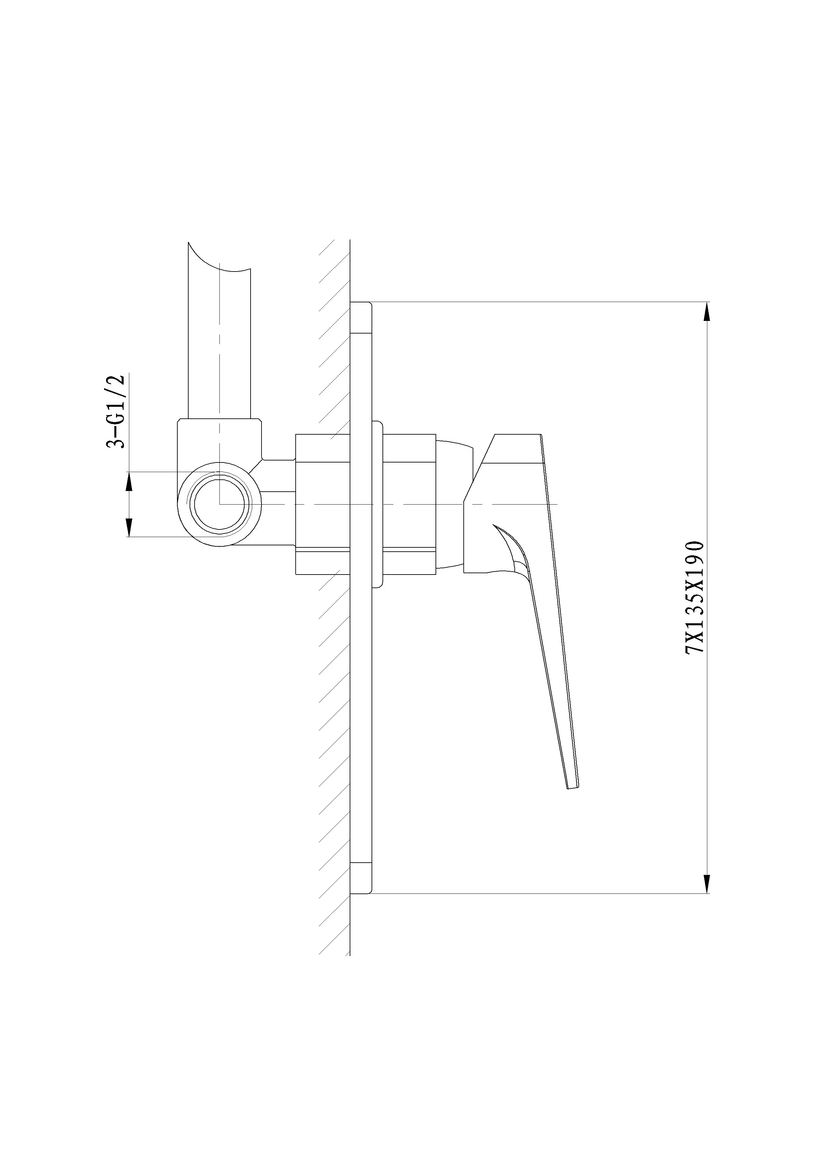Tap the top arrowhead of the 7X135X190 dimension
707,312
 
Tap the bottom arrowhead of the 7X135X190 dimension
707,884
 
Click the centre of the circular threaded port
220,504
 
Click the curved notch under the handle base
511,550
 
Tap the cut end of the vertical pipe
220,258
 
